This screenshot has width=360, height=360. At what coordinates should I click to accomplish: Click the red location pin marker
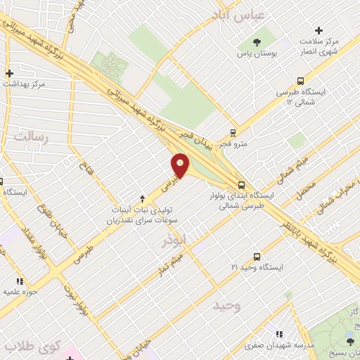coord(180,166)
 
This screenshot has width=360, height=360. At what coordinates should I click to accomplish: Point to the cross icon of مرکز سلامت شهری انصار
coord(319,30)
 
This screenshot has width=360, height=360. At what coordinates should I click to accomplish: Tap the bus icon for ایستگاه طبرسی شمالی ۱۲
coord(301,81)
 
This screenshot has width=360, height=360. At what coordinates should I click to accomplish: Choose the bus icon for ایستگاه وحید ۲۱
coord(257,257)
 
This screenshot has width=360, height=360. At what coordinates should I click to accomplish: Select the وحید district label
coord(227,306)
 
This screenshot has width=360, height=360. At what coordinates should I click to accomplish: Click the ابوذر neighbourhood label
coord(175,240)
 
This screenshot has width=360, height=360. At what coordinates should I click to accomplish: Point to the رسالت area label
coord(30,136)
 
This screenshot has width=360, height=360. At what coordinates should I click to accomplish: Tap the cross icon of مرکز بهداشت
coord(9,72)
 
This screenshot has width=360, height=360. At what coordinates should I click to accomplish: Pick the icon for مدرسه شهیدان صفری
coord(279,334)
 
